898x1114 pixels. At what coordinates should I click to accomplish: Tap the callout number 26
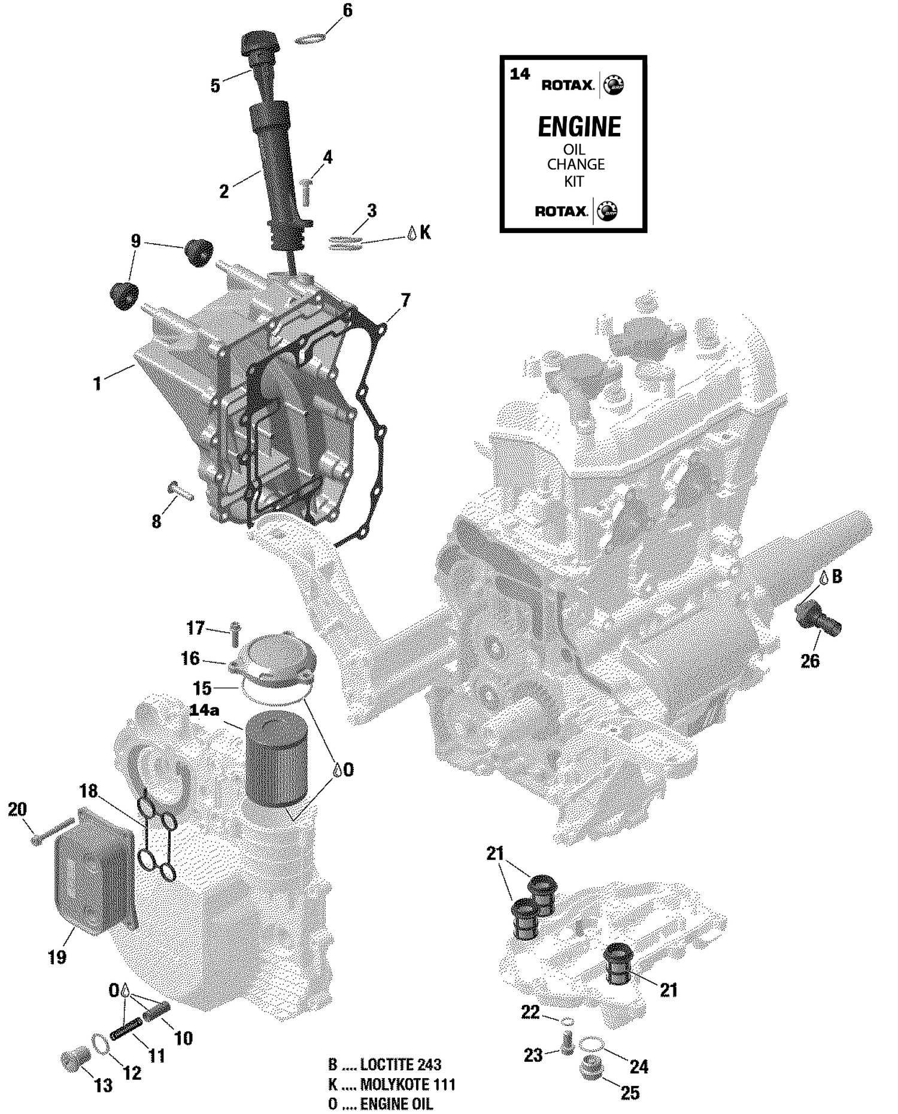[x=809, y=661]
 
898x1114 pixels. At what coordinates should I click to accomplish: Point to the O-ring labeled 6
[x=311, y=39]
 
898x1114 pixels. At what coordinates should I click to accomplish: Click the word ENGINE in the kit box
[x=579, y=126]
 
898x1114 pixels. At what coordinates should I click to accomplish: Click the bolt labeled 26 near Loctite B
[x=818, y=619]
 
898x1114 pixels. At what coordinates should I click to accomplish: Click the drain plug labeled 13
[x=75, y=1059]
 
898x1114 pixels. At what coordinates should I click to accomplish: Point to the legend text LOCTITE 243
[x=401, y=1064]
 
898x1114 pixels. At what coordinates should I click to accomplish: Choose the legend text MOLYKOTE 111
[x=408, y=1083]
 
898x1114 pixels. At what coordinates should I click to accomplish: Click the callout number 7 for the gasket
[x=406, y=300]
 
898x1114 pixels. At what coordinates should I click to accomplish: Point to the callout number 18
[x=89, y=791]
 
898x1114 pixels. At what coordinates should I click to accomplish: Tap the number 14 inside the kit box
[x=520, y=74]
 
